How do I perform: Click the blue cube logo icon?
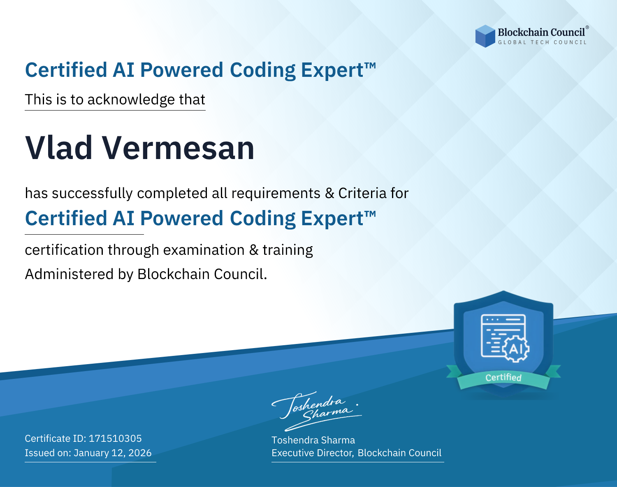tap(485, 36)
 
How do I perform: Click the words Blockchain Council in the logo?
tap(541, 32)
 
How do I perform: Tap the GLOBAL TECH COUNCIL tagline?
tap(543, 42)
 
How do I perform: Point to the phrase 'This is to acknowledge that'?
tap(115, 100)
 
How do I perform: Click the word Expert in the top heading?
tap(332, 70)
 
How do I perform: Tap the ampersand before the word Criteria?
tap(329, 193)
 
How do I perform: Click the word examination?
tap(204, 250)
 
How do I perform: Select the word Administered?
tap(70, 274)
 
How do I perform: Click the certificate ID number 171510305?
tap(115, 438)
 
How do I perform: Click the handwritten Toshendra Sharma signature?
tap(317, 411)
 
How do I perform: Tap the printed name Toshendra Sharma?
tap(313, 440)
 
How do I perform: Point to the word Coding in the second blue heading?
tap(262, 219)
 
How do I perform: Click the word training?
tap(288, 250)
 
